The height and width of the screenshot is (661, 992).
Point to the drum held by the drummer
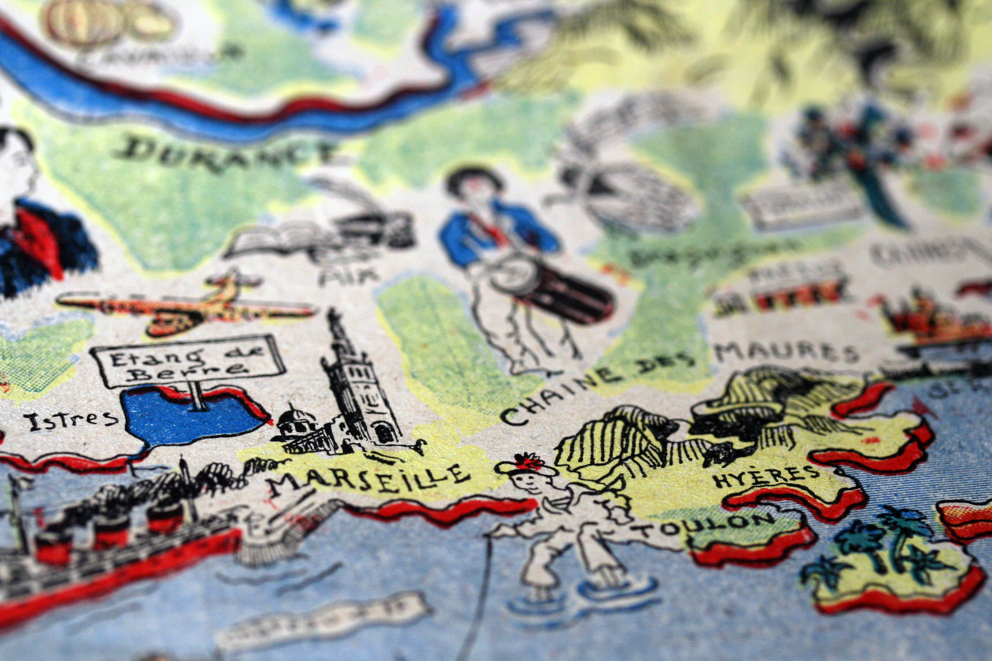[x=551, y=287]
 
